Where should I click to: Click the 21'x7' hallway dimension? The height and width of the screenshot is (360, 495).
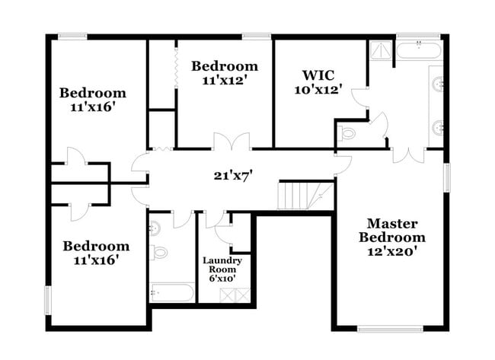click(232, 176)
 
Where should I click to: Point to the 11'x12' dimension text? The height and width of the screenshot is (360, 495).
click(225, 79)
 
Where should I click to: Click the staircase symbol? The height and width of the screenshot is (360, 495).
click(304, 195)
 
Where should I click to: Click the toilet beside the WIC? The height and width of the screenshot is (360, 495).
click(348, 134)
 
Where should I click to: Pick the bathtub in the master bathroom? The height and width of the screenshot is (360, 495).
click(418, 52)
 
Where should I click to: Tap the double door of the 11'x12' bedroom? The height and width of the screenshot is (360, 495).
click(231, 142)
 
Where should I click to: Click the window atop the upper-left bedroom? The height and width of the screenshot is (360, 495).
click(72, 35)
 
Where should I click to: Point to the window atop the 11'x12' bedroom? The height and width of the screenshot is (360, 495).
click(257, 35)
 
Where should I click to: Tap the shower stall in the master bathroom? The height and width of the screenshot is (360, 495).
click(380, 50)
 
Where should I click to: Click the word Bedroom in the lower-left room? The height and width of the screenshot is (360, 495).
click(96, 246)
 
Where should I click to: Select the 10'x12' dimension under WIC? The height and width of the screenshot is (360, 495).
click(318, 89)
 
